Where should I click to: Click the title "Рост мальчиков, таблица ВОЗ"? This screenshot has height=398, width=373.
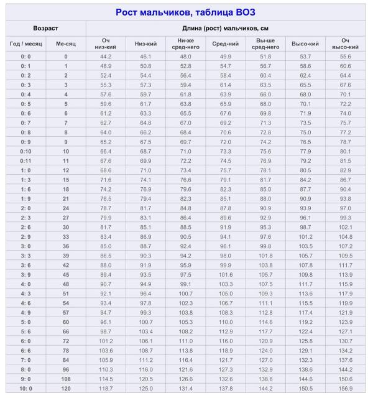click(x=185, y=12)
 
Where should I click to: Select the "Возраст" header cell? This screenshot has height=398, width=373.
click(x=45, y=29)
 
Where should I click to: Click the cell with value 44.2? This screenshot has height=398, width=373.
click(x=106, y=57)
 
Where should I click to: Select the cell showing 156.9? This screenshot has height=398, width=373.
click(x=345, y=389)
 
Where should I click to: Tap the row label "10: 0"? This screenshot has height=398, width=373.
click(x=25, y=389)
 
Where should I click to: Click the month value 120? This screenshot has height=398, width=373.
click(x=65, y=389)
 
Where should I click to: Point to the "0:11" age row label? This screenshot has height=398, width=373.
click(x=25, y=160)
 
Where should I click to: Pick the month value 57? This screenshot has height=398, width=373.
click(x=65, y=313)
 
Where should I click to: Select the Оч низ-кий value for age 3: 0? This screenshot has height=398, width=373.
click(x=106, y=246)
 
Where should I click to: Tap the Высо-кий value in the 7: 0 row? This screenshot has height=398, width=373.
click(x=305, y=360)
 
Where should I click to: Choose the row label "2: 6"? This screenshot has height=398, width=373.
click(x=25, y=227)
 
